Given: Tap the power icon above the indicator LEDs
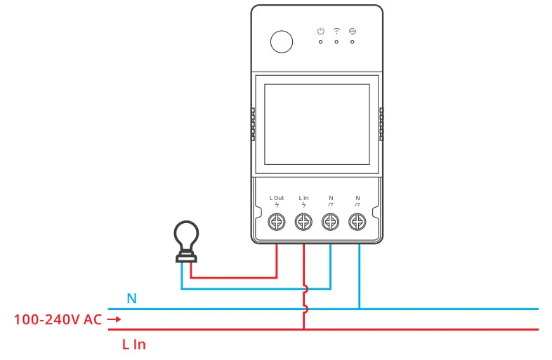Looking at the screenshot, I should pyautogui.click(x=320, y=31).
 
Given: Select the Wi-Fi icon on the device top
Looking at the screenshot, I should pyautogui.click(x=336, y=31).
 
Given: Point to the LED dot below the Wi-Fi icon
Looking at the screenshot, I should pyautogui.click(x=336, y=42).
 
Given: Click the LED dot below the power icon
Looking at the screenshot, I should pyautogui.click(x=320, y=42).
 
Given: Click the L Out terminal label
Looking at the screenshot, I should pyautogui.click(x=277, y=199).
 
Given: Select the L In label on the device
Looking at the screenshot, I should pyautogui.click(x=303, y=199).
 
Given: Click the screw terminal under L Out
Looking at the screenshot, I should pyautogui.click(x=277, y=222).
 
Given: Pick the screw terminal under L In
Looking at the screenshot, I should pyautogui.click(x=303, y=222).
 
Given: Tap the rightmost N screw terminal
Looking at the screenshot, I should pyautogui.click(x=357, y=222).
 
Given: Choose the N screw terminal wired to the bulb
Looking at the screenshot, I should pyautogui.click(x=330, y=222).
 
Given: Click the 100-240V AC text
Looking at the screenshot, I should pyautogui.click(x=58, y=320).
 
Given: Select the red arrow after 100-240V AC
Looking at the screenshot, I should pyautogui.click(x=114, y=320).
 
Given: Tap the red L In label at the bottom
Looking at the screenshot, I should pyautogui.click(x=133, y=345).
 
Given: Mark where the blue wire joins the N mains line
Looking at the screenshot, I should pyautogui.click(x=359, y=309).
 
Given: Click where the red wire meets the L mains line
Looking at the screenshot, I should pyautogui.click(x=303, y=329).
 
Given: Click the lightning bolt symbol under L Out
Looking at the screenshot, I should pyautogui.click(x=277, y=206).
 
